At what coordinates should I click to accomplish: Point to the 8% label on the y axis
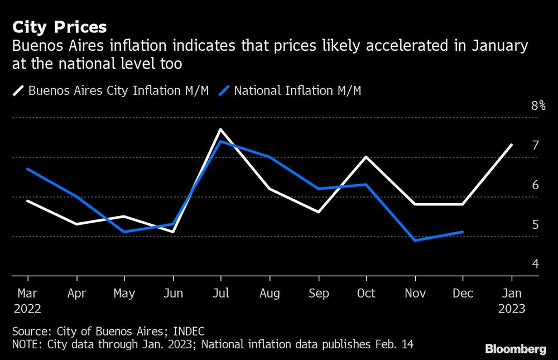(538, 105)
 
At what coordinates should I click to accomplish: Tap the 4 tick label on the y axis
(535, 263)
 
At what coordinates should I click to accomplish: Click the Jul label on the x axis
(221, 293)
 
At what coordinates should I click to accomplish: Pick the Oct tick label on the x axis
(366, 293)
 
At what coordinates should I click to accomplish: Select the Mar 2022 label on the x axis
(27, 300)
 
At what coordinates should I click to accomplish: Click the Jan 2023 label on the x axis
(512, 300)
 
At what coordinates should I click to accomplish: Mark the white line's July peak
(221, 129)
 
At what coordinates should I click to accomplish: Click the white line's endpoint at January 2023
(512, 145)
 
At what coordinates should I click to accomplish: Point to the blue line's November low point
(415, 241)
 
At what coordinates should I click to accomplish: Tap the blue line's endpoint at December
(463, 232)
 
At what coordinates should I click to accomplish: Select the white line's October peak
(366, 157)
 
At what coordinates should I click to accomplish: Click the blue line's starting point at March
(27, 169)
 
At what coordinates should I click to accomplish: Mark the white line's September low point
(318, 212)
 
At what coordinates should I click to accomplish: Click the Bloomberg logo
(516, 349)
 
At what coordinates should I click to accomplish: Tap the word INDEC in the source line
(187, 331)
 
